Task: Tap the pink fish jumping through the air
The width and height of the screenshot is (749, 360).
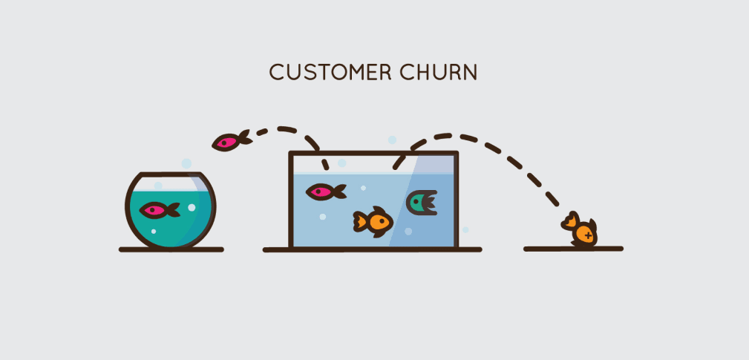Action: click(x=231, y=140)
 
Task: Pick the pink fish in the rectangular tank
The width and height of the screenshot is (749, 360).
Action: click(x=325, y=192)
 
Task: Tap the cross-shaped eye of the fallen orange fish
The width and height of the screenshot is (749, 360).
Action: click(x=588, y=235)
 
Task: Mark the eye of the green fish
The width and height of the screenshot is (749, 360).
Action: click(x=416, y=199)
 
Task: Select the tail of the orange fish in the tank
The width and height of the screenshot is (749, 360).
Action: click(x=359, y=220)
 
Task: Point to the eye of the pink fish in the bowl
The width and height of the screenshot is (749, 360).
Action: click(x=152, y=210)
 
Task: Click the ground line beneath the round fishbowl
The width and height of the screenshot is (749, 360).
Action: click(x=171, y=249)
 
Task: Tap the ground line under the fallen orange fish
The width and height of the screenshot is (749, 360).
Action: click(x=572, y=249)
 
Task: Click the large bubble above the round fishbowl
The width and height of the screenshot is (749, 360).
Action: click(x=186, y=163)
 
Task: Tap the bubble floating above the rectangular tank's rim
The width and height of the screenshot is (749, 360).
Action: click(x=392, y=140)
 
